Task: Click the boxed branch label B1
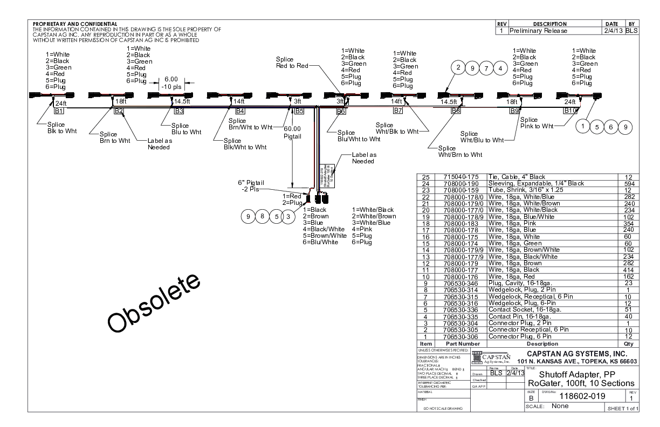59,111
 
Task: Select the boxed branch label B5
299,111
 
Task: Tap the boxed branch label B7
398,111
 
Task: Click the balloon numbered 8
262,217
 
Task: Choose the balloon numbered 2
458,68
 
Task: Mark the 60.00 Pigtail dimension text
292,133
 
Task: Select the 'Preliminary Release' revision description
538,31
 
